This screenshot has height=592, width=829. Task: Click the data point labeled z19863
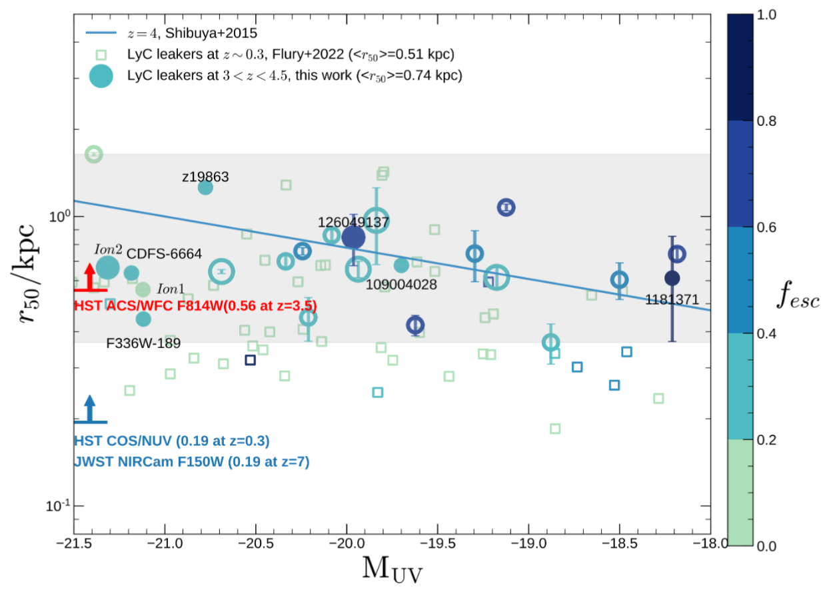205,187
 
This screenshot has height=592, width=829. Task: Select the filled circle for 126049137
353,237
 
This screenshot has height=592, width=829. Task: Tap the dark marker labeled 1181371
672,278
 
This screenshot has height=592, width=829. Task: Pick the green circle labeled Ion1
143,289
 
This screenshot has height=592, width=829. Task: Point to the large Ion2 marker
107,268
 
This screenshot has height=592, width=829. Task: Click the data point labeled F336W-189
143,319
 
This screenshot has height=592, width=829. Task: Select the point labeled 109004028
401,265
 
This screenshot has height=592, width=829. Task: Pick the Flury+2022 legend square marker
100,54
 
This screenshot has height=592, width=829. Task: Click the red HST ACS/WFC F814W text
195,305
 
